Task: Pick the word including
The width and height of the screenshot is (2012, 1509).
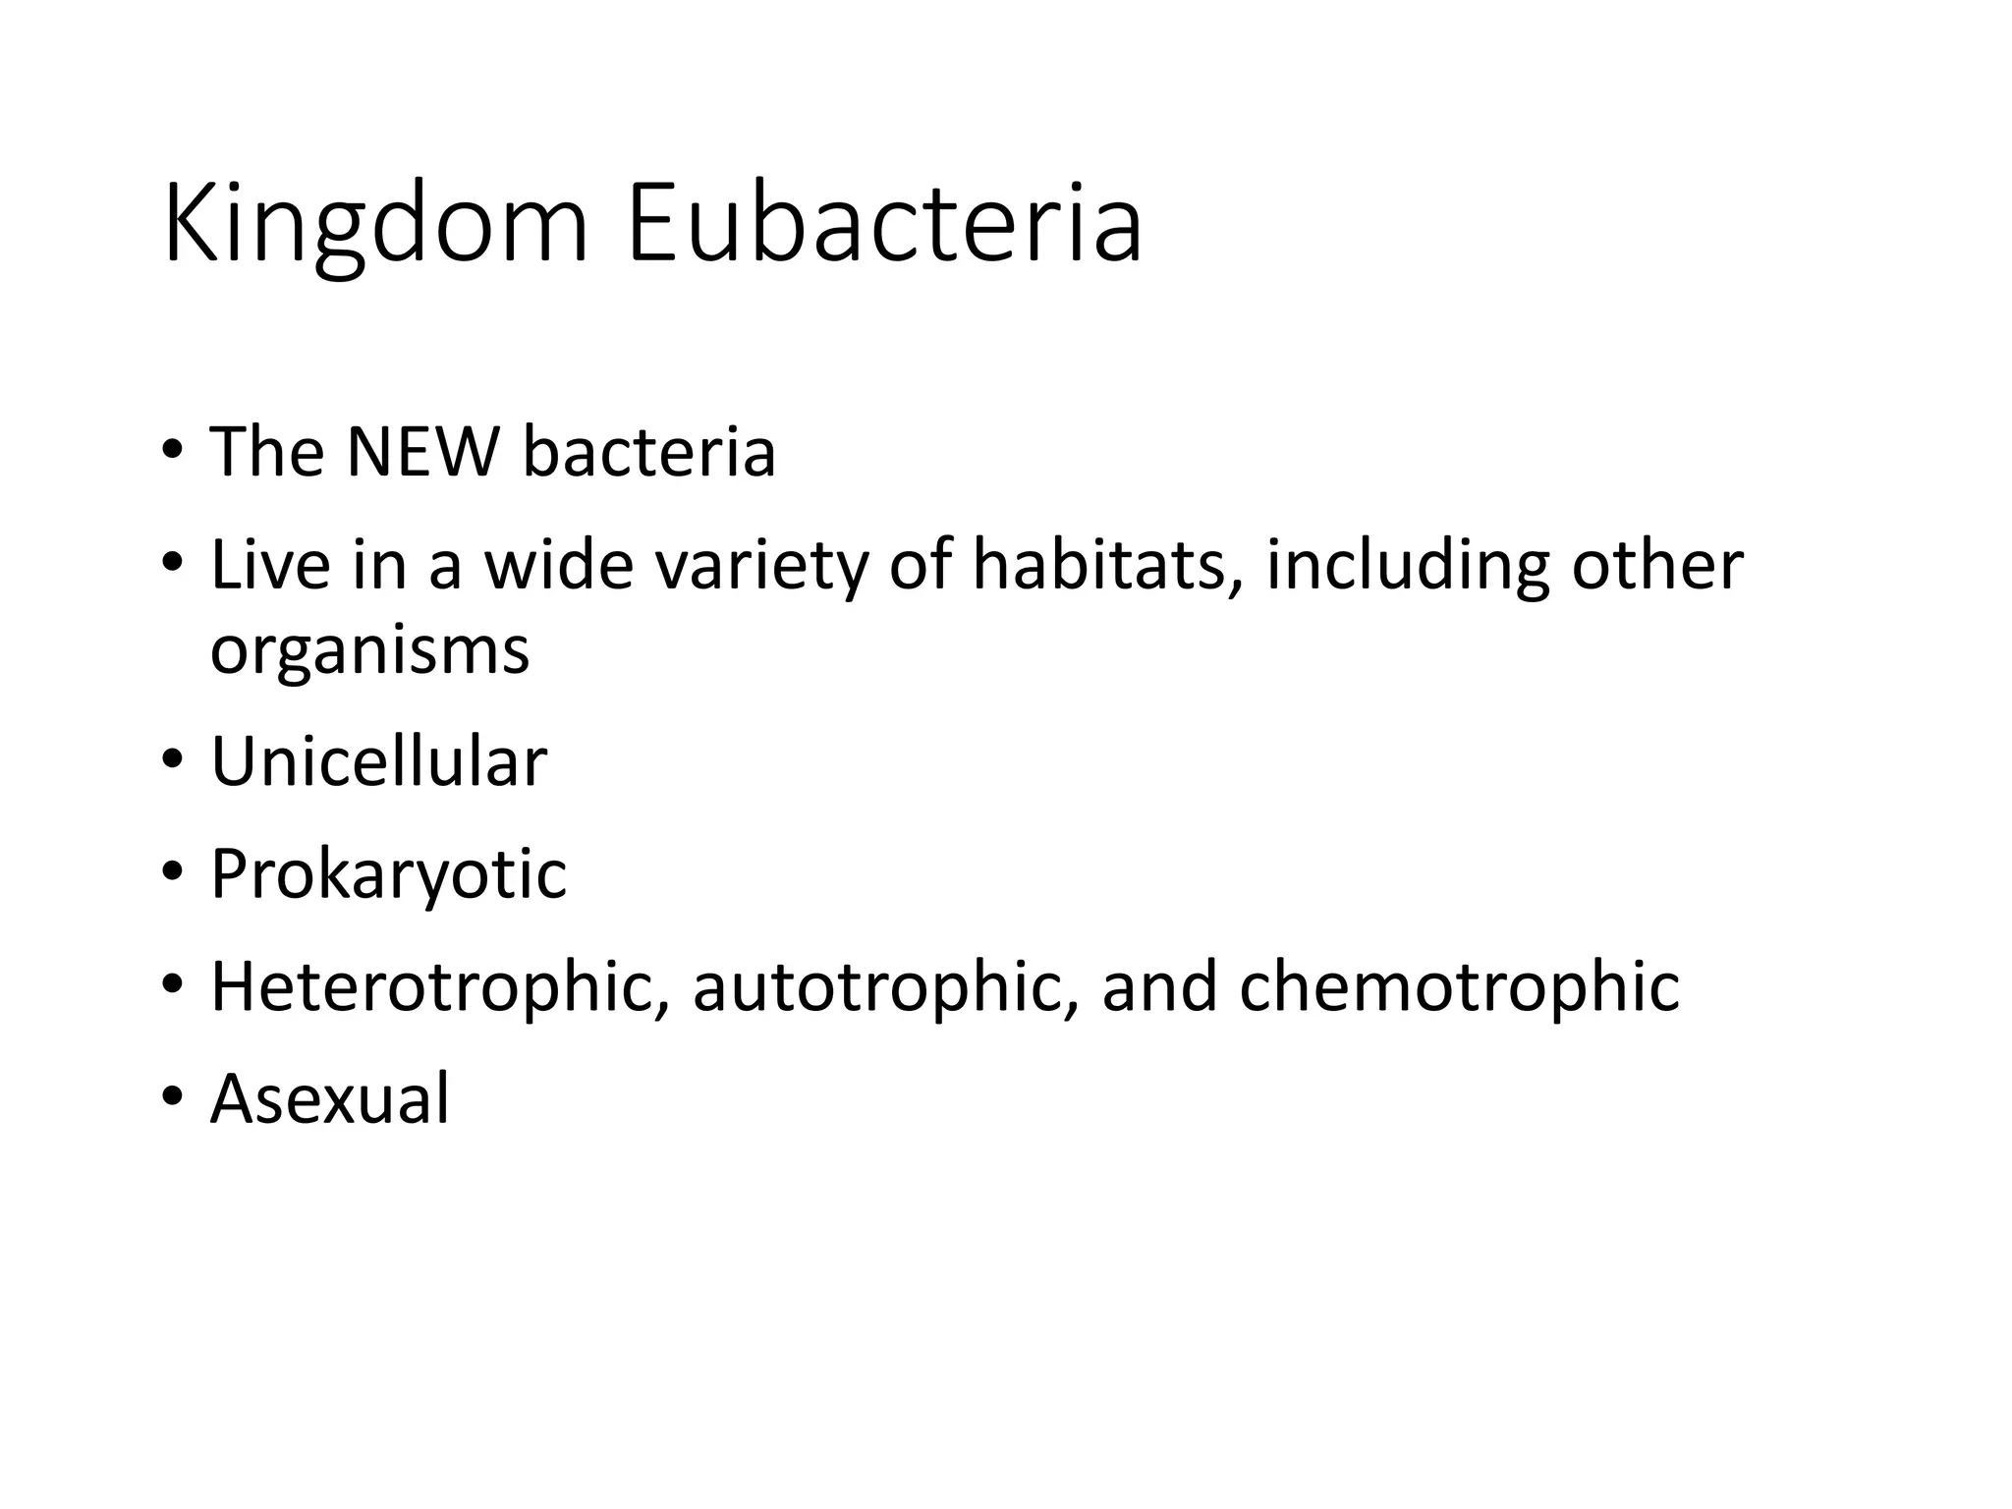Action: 1407,567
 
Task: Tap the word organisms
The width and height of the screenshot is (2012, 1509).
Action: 369,651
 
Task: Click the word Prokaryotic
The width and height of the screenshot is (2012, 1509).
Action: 388,874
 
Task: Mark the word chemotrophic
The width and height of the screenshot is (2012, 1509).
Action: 1459,986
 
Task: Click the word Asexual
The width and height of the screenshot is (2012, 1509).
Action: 330,1098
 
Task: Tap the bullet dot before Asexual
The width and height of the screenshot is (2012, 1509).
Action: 173,1098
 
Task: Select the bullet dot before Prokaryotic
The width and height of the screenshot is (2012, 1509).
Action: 173,874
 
